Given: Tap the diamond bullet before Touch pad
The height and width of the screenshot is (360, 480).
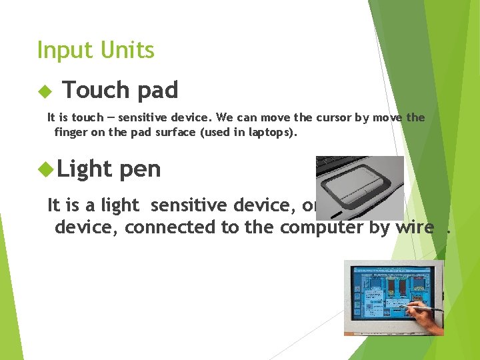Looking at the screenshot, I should tap(44, 90).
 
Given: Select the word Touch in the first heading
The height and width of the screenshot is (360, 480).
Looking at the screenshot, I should tap(93, 90).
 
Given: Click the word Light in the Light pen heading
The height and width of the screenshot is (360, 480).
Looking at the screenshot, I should tap(85, 169).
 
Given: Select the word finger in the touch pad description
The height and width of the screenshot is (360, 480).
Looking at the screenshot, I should tap(71, 132).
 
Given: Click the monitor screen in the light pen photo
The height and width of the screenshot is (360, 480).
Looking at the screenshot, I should tap(387, 293).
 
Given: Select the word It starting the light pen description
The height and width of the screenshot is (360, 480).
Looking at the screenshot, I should tap(54, 205).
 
